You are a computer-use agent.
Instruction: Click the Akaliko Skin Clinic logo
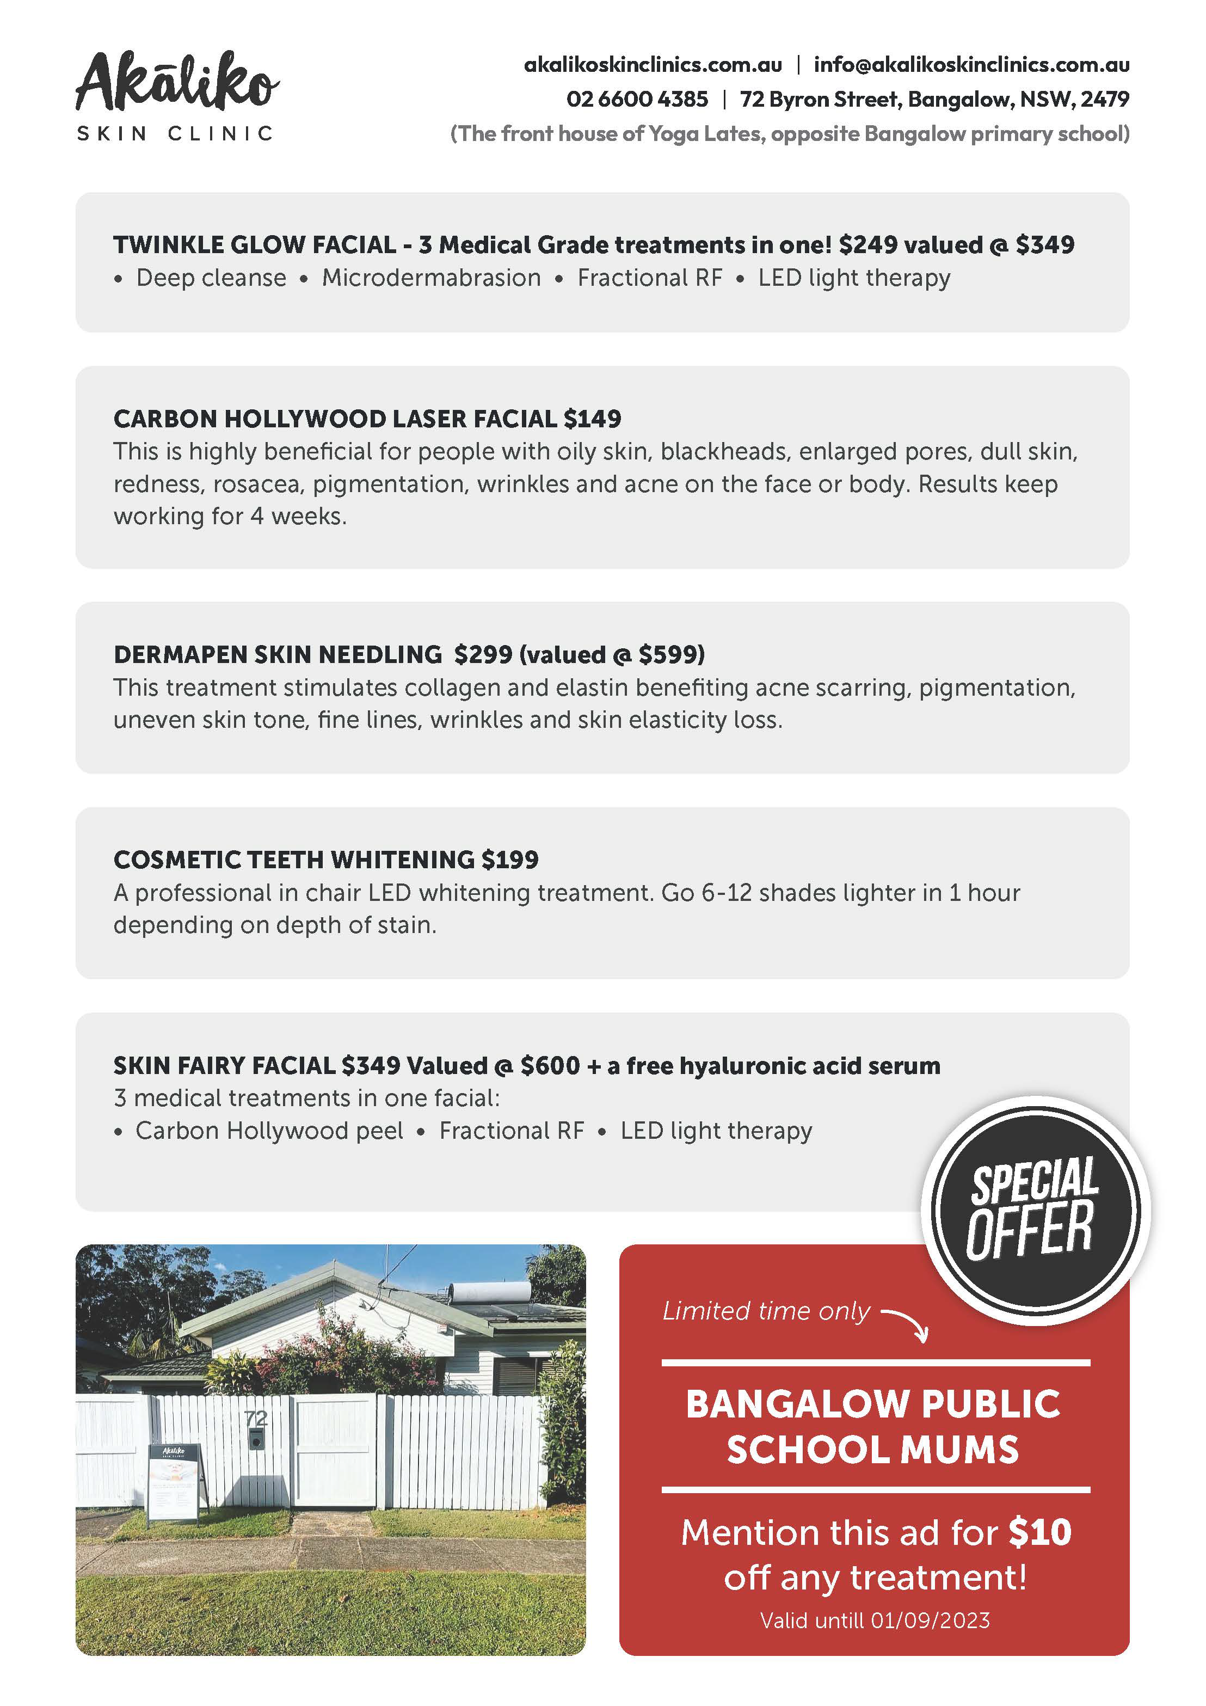pyautogui.click(x=177, y=95)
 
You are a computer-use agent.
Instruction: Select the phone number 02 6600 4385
pyautogui.click(x=637, y=99)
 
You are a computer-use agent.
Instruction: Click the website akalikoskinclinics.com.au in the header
pyautogui.click(x=653, y=65)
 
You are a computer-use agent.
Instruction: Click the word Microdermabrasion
pyautogui.click(x=431, y=278)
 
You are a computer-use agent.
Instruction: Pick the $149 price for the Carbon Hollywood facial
pyautogui.click(x=592, y=419)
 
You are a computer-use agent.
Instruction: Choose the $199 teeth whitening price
pyautogui.click(x=510, y=860)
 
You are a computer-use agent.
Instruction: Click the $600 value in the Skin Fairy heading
pyautogui.click(x=550, y=1065)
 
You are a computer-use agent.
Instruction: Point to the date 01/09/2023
pyautogui.click(x=930, y=1621)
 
